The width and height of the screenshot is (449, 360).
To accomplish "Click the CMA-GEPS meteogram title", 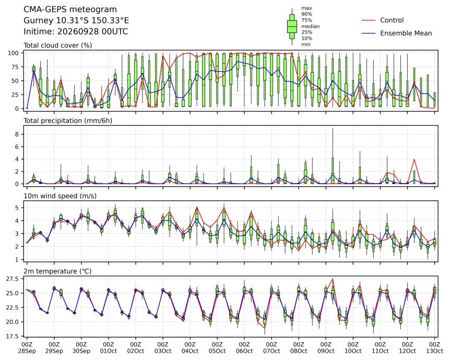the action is click(70, 9).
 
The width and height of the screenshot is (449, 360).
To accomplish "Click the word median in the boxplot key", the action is click(311, 26).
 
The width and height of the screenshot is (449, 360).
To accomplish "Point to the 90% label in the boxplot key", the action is click(306, 14).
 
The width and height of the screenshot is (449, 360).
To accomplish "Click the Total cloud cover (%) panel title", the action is click(58, 45).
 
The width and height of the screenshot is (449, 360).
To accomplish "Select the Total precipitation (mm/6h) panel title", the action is click(68, 121).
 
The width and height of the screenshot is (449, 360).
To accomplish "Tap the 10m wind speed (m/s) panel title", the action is click(60, 196).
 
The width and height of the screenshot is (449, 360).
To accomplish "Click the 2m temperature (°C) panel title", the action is click(57, 271).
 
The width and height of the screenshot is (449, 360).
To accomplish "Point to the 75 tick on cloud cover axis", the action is click(15, 67).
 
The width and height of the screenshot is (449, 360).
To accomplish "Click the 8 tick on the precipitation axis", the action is click(17, 134).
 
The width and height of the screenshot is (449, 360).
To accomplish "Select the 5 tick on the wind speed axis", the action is click(17, 208).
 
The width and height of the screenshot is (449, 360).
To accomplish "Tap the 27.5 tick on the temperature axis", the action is click(13, 279).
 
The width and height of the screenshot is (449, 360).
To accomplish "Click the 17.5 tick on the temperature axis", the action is click(13, 336).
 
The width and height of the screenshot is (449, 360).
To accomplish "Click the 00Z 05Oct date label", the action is click(217, 347).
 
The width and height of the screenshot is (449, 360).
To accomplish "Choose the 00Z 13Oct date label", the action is click(434, 347).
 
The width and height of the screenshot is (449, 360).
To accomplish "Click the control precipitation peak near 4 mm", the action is click(414, 160).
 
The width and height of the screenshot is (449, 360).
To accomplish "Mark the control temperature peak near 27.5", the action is click(333, 279).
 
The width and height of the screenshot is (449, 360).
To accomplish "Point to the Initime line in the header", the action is click(76, 31).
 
